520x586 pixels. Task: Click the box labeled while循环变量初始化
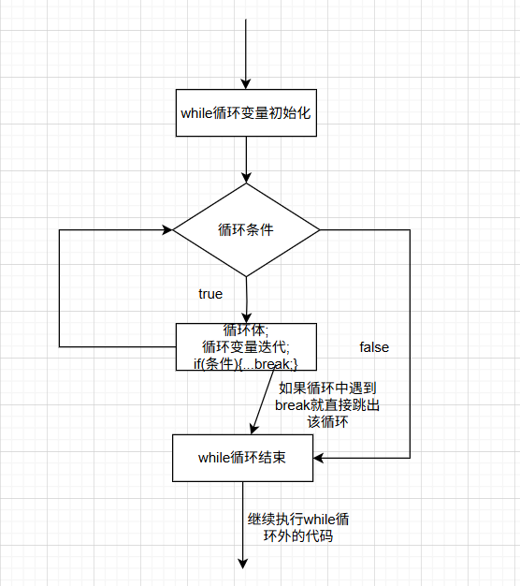click(245, 113)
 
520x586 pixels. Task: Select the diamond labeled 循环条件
click(245, 229)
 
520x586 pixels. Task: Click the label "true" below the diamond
click(210, 294)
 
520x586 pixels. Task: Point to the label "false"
click(374, 347)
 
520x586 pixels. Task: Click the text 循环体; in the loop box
click(246, 330)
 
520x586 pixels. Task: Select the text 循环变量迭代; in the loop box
click(246, 346)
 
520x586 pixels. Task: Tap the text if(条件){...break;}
click(246, 362)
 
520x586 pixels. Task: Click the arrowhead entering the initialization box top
click(245, 83)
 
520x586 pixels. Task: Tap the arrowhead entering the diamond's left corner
click(167, 229)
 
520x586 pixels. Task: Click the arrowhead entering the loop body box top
click(246, 317)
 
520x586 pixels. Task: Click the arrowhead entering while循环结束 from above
click(252, 429)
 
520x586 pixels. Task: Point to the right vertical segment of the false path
click(410, 346)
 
